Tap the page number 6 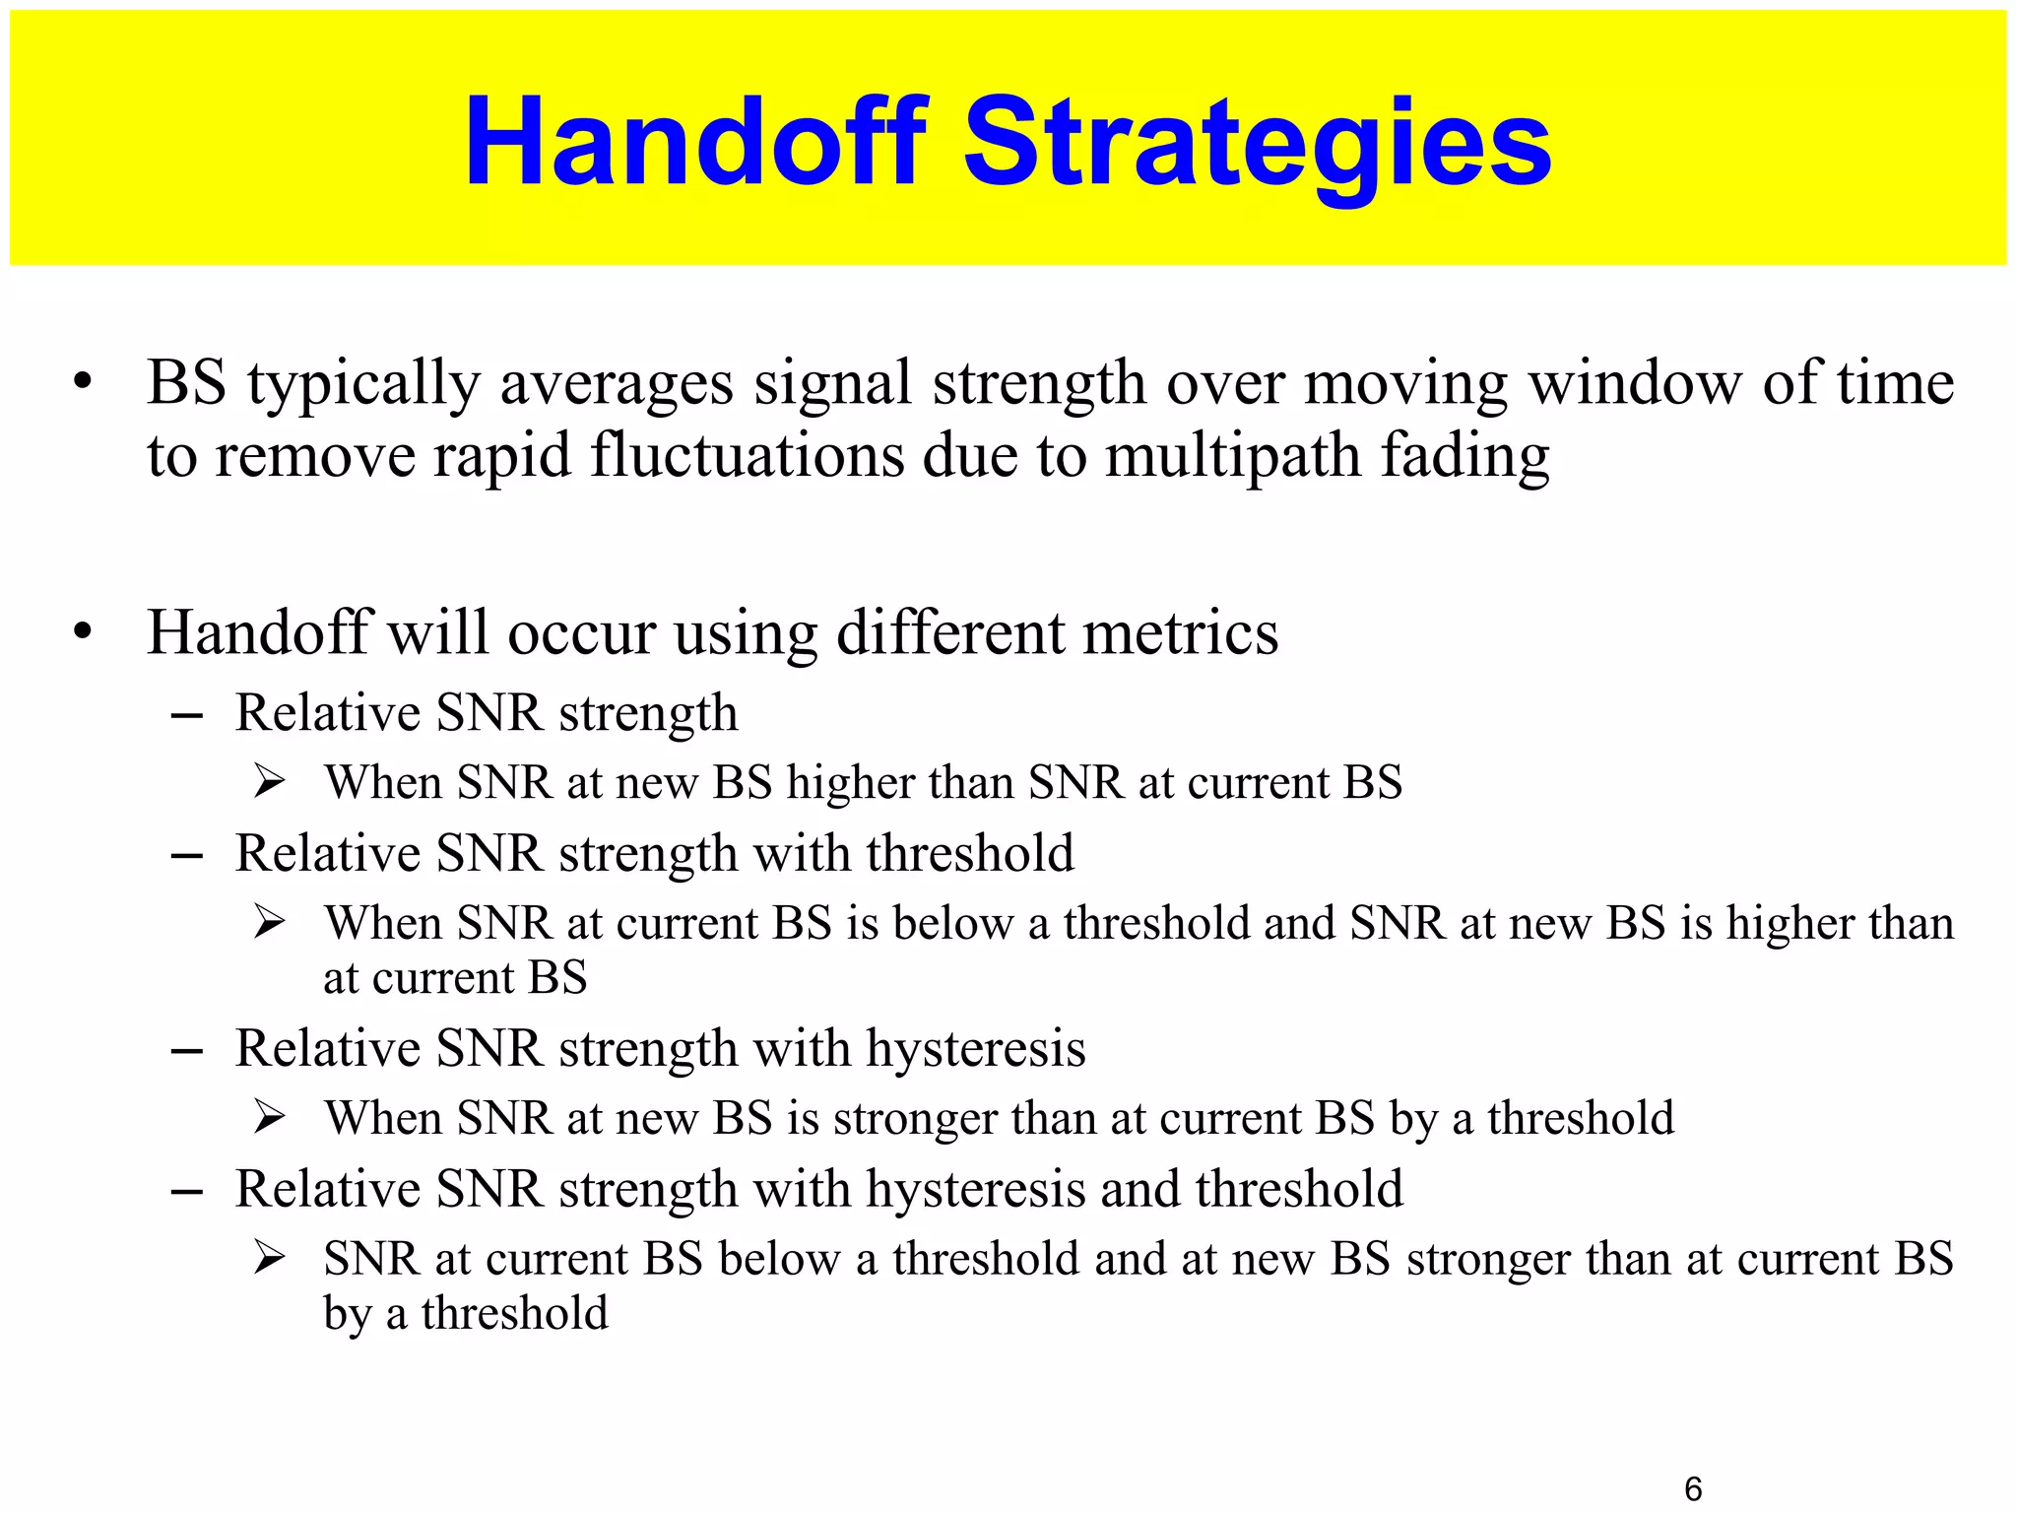click(1693, 1488)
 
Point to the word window click(1635, 383)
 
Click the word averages click(617, 384)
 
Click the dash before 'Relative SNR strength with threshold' click(186, 855)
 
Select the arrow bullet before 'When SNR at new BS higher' click(269, 783)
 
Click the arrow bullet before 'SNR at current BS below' click(269, 1259)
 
